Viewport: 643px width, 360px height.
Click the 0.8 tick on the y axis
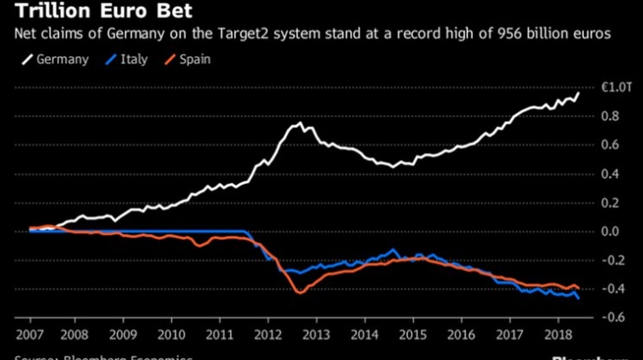click(610, 115)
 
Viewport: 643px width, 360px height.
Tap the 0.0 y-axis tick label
click(610, 231)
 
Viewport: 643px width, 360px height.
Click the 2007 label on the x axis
click(30, 336)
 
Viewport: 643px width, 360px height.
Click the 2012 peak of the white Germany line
click(299, 122)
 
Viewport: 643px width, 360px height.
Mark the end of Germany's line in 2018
click(578, 92)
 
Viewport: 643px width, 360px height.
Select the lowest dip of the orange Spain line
click(299, 292)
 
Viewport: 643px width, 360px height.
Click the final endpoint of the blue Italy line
click(579, 299)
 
